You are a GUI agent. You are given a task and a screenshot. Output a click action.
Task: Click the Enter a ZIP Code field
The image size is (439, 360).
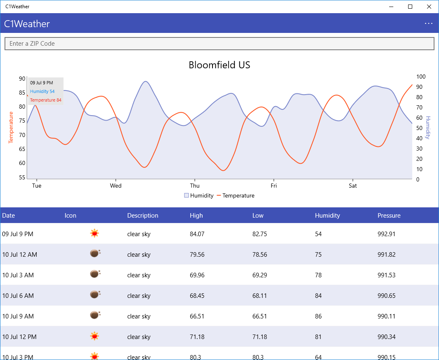pos(219,44)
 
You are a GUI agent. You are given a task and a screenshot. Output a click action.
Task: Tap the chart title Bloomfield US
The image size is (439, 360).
pos(219,65)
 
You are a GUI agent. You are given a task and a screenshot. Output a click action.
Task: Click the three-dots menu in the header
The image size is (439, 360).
pos(429,23)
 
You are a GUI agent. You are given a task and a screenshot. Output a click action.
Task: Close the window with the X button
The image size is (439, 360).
pos(429,7)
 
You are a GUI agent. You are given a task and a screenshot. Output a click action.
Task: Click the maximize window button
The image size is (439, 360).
pos(410,7)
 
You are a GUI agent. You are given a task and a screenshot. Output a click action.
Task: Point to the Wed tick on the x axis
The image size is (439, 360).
pos(116,186)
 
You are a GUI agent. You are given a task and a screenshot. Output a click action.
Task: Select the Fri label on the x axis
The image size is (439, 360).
pos(274,186)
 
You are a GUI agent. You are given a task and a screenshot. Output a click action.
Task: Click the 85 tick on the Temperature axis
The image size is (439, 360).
pos(22,93)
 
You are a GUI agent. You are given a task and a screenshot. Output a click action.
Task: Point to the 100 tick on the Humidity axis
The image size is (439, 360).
pos(421,77)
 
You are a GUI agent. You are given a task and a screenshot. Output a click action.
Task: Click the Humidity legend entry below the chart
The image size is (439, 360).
pos(199,196)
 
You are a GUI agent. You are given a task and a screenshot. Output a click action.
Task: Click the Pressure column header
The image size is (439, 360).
pos(389,216)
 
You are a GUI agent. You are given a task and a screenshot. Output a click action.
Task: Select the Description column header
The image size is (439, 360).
pos(142,216)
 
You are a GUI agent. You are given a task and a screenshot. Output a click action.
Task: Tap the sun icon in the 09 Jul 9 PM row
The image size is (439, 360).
pos(95,234)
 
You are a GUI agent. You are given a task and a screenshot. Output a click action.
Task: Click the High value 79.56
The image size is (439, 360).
pos(197,255)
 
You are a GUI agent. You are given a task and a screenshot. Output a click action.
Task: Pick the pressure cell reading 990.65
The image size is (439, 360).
pos(386,296)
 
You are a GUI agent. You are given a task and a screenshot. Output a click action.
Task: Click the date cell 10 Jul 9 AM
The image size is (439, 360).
pos(18,316)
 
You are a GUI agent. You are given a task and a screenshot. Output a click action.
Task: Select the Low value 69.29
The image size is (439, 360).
pos(259,275)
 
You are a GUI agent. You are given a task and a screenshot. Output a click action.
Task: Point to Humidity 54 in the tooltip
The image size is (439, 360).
pos(42,91)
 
